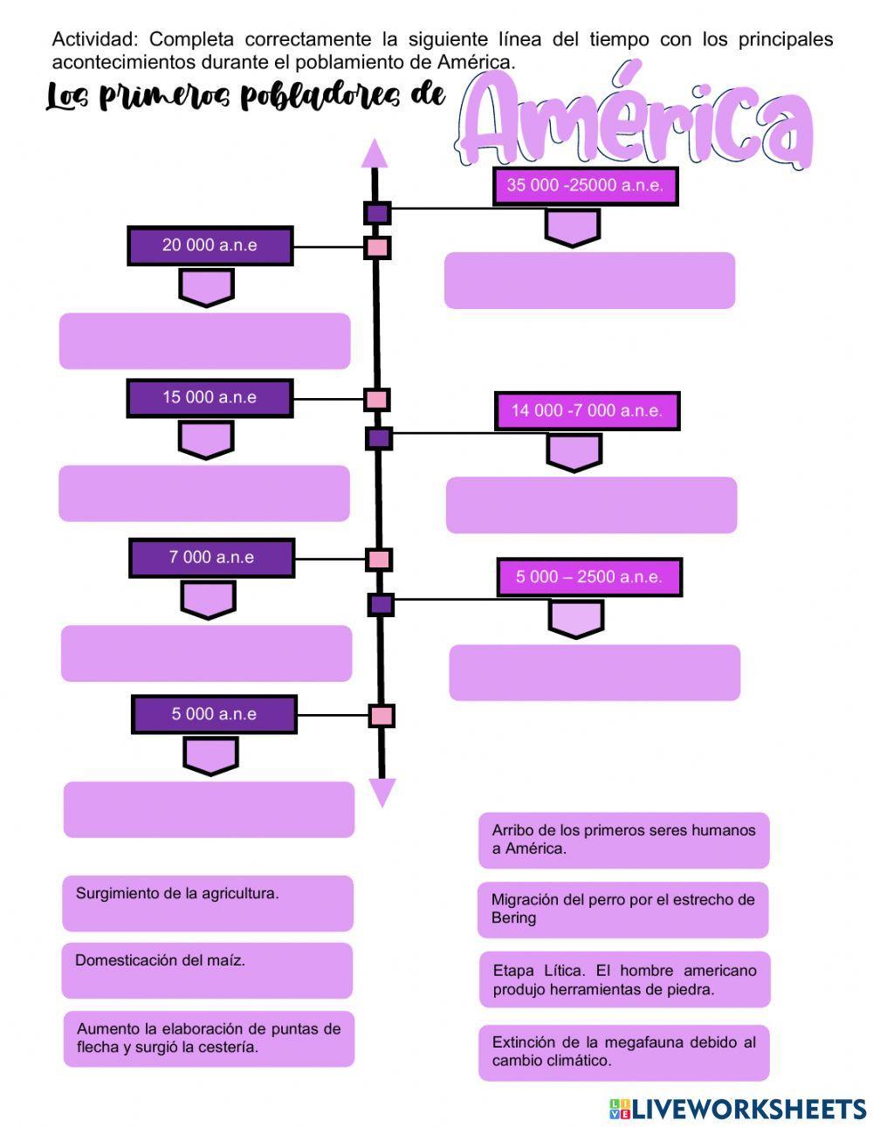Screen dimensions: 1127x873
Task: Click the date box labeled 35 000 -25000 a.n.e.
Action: pyautogui.click(x=585, y=186)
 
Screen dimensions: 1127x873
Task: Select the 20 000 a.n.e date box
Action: pyautogui.click(x=210, y=245)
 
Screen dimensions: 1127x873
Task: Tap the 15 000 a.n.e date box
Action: pyautogui.click(x=210, y=398)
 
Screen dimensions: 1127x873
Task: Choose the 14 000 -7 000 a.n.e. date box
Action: pyautogui.click(x=587, y=411)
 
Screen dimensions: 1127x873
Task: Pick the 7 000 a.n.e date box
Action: pyautogui.click(x=211, y=558)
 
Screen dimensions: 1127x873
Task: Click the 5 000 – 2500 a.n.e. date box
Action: pyautogui.click(x=589, y=577)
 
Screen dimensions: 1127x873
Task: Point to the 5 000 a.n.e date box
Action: pyautogui.click(x=214, y=714)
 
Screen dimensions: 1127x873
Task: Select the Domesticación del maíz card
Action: pyautogui.click(x=207, y=970)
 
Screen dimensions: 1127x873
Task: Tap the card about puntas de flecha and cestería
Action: pyautogui.click(x=209, y=1038)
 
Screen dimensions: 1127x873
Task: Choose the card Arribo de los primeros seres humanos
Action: pyautogui.click(x=623, y=840)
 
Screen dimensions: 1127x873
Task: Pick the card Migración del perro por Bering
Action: pyautogui.click(x=622, y=909)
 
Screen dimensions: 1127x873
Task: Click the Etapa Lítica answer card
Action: pyautogui.click(x=624, y=979)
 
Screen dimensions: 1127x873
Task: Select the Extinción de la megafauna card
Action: pyautogui.click(x=623, y=1052)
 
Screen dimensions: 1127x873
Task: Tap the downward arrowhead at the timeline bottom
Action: pyautogui.click(x=382, y=793)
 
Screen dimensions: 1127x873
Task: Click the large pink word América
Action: pyautogui.click(x=637, y=122)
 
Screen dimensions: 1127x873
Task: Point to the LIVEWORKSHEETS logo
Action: pyautogui.click(x=737, y=1109)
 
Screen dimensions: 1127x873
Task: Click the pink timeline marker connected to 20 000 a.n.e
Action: pyautogui.click(x=377, y=247)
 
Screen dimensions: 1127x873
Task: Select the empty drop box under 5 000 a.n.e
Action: pyautogui.click(x=209, y=809)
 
